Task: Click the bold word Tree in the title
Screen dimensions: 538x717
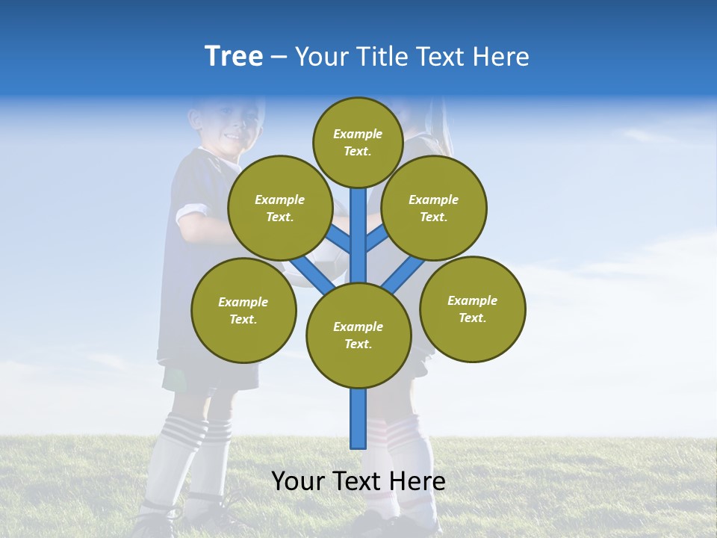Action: click(234, 57)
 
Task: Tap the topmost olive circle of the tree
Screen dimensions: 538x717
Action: click(358, 142)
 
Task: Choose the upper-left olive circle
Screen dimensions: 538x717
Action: click(279, 208)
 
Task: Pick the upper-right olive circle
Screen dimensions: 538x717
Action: click(433, 208)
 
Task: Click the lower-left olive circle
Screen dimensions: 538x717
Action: click(243, 310)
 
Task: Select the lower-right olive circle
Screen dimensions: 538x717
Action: click(472, 309)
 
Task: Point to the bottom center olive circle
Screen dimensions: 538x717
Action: click(358, 336)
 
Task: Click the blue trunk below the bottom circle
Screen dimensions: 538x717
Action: click(358, 418)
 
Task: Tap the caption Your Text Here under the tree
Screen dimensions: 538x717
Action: click(358, 481)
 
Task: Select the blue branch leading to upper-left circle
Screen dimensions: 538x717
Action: click(338, 238)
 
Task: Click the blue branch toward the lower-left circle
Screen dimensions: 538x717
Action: click(312, 274)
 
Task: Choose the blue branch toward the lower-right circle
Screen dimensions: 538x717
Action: click(403, 274)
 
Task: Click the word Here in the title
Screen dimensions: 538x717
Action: click(500, 57)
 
